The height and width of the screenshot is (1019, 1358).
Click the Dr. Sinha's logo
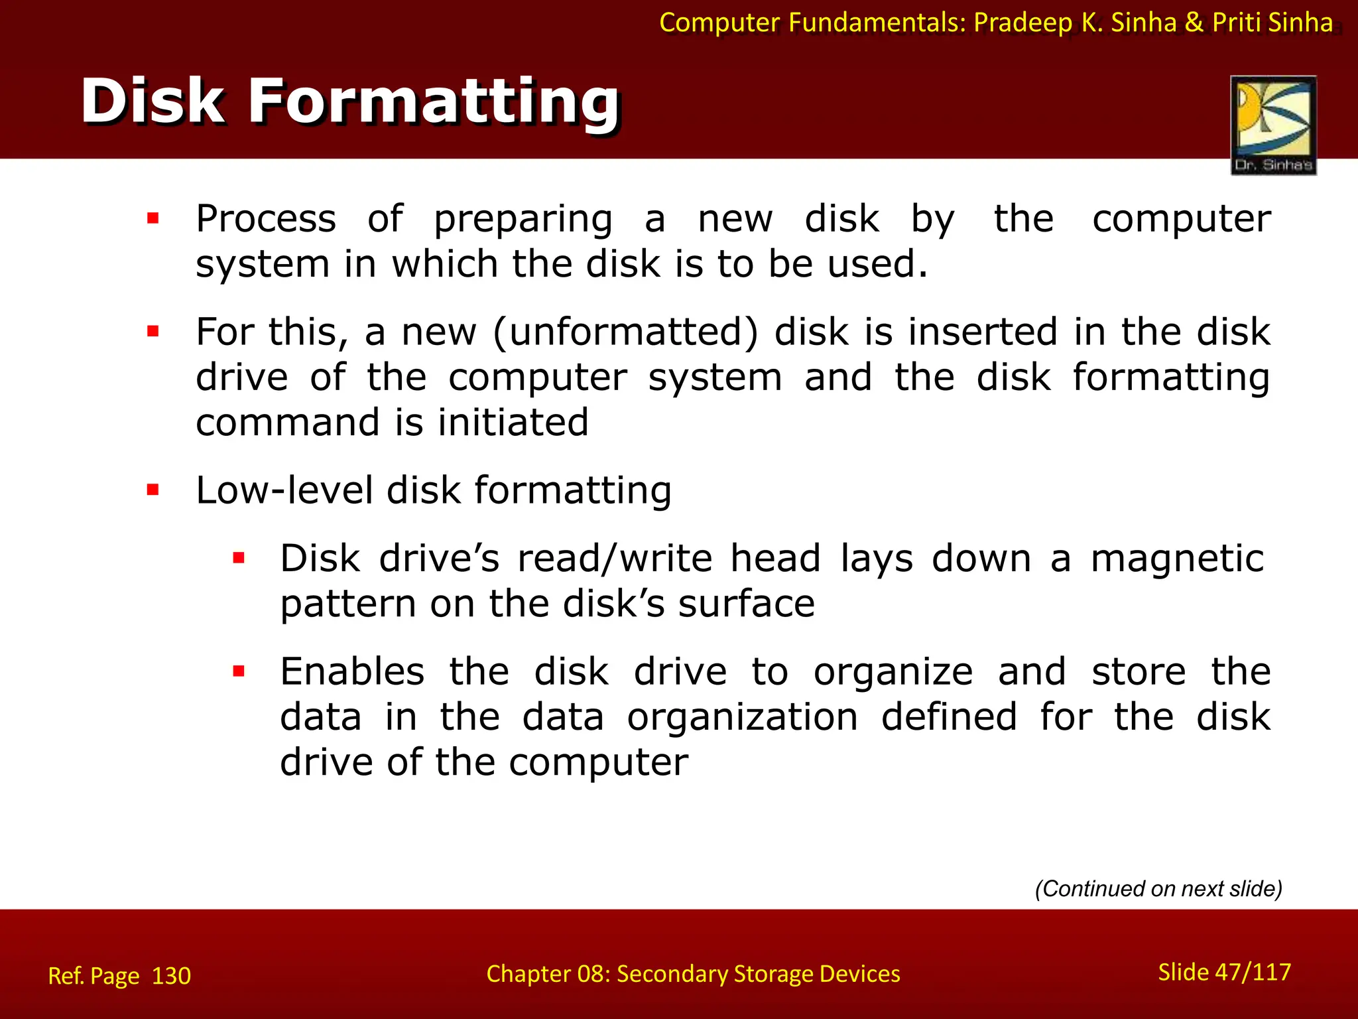point(1273,125)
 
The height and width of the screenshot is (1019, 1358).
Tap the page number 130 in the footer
point(171,976)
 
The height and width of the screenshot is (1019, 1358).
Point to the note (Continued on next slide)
point(1158,888)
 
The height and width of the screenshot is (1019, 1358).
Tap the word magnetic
point(1178,558)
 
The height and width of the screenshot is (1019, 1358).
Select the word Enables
point(352,671)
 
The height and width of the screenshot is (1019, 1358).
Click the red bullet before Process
point(153,218)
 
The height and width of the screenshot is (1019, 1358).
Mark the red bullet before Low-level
point(153,490)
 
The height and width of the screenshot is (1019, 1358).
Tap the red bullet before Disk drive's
point(239,558)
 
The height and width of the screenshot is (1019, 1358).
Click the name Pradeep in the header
point(1022,23)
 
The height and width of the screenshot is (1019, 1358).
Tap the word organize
point(893,673)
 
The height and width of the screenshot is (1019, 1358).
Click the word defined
point(949,717)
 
